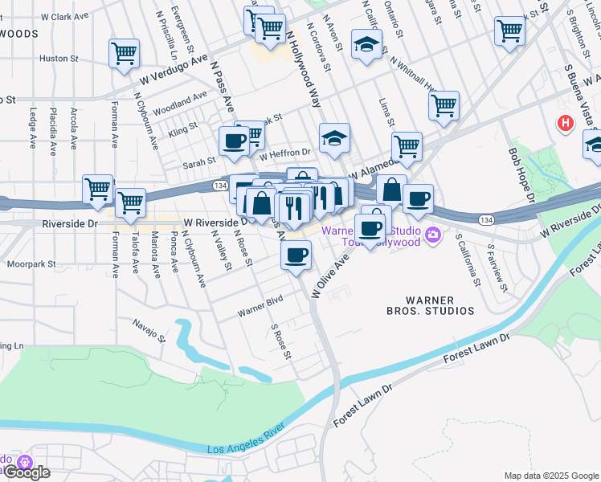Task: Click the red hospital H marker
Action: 566,124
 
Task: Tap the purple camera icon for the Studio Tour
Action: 434,235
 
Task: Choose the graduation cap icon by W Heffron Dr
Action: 334,138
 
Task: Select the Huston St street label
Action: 59,59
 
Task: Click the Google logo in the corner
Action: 26,472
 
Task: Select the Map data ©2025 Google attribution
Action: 550,476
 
